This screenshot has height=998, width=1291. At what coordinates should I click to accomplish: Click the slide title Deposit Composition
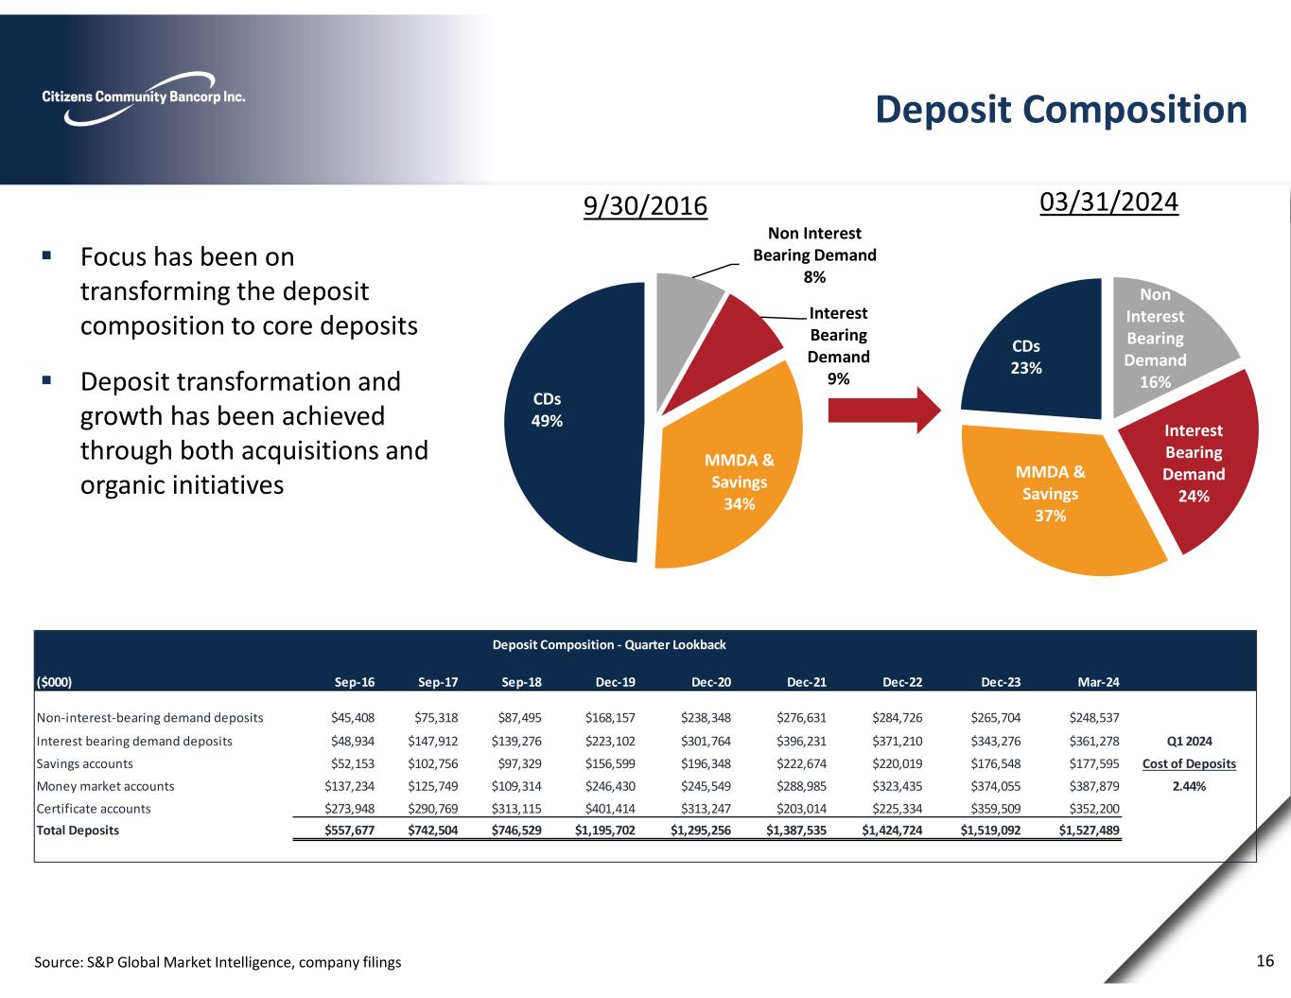(1060, 110)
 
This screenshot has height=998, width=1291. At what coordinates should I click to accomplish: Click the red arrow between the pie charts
(883, 411)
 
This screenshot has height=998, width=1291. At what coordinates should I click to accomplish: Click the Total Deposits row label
(78, 831)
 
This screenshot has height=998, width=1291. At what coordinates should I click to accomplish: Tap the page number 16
(1265, 961)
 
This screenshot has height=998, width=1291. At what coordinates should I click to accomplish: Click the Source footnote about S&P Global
(218, 962)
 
